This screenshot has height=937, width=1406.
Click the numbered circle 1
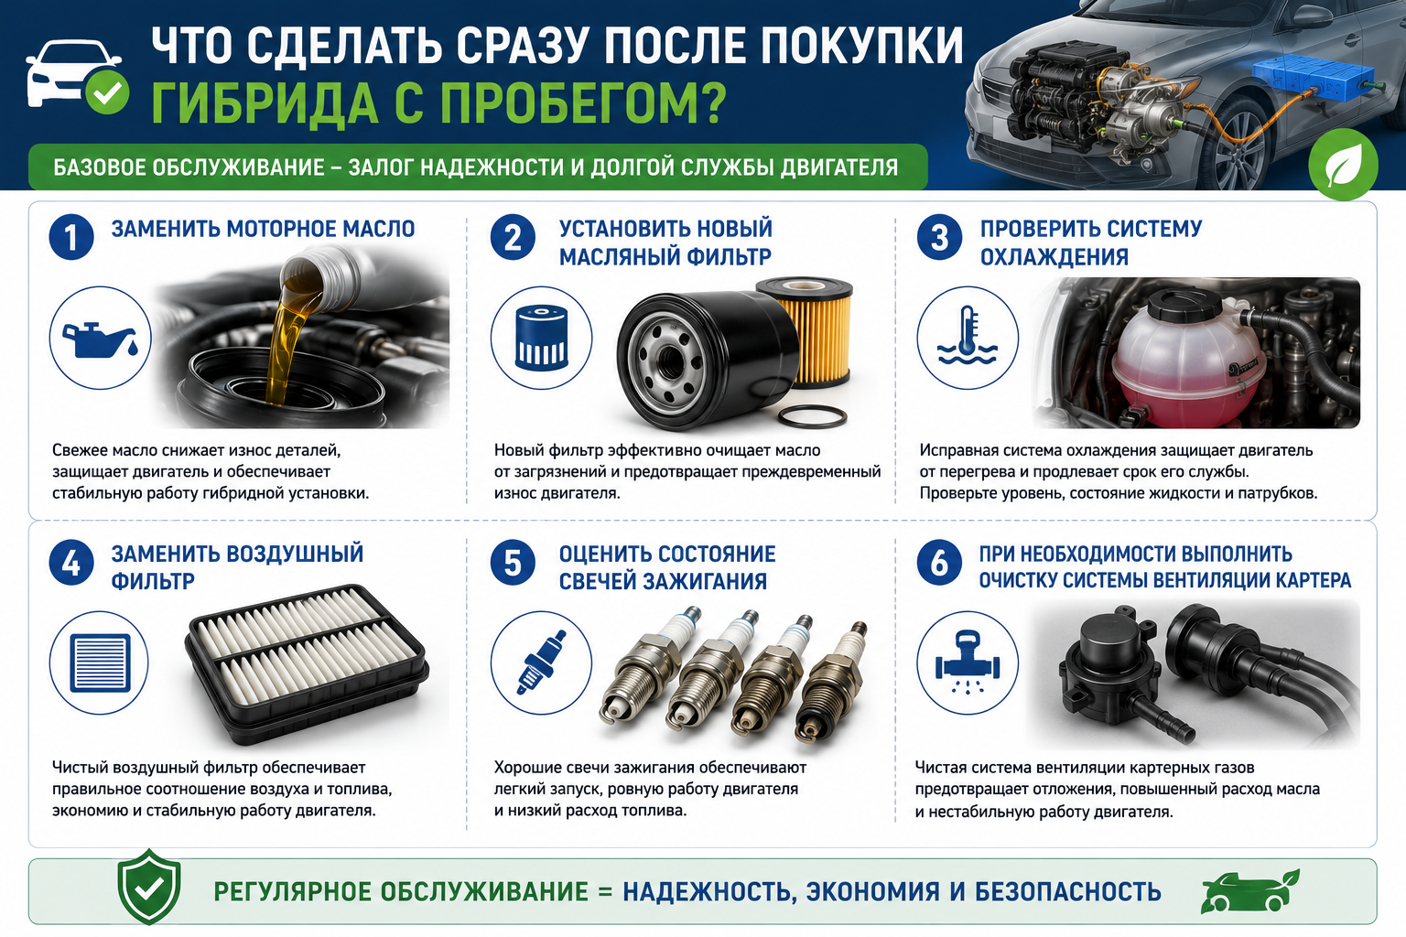coord(71,237)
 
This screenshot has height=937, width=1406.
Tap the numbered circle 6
coord(939,563)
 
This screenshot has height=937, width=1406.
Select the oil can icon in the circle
coord(101,339)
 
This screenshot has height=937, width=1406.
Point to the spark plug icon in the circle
coord(541,662)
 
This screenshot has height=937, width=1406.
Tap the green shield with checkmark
coord(149,887)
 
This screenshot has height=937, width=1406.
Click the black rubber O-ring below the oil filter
coord(812,416)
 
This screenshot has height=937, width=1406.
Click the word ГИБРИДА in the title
coord(265,102)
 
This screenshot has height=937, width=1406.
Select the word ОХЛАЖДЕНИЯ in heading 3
coord(1054,257)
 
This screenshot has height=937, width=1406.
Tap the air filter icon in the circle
coord(100,662)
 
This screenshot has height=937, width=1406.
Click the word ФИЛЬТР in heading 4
coord(153,581)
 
